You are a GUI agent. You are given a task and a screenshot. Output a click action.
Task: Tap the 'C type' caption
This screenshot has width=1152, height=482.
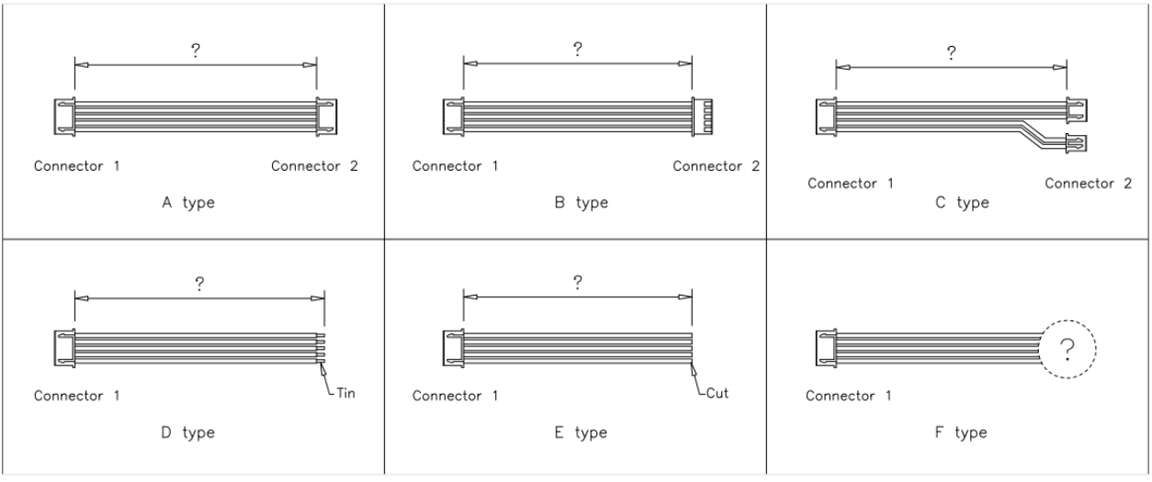pyautogui.click(x=961, y=203)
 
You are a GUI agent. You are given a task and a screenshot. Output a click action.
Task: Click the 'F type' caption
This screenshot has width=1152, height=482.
pyautogui.click(x=961, y=432)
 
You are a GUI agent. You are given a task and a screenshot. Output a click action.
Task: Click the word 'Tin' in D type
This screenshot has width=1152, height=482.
pyautogui.click(x=345, y=394)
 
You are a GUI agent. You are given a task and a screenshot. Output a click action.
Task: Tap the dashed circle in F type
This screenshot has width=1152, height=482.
pyautogui.click(x=1068, y=349)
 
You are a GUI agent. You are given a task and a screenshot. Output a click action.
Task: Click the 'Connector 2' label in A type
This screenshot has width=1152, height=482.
pyautogui.click(x=315, y=166)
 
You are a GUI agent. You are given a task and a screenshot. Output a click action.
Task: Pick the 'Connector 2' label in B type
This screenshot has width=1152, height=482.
pyautogui.click(x=717, y=166)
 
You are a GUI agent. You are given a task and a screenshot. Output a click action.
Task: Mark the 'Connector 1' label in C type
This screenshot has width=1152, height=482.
pyautogui.click(x=851, y=184)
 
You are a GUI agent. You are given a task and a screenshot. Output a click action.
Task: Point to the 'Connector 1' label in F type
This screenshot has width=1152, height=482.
pyautogui.click(x=849, y=396)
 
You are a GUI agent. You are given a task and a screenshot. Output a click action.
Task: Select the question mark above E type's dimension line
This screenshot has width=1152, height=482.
pyautogui.click(x=576, y=282)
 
